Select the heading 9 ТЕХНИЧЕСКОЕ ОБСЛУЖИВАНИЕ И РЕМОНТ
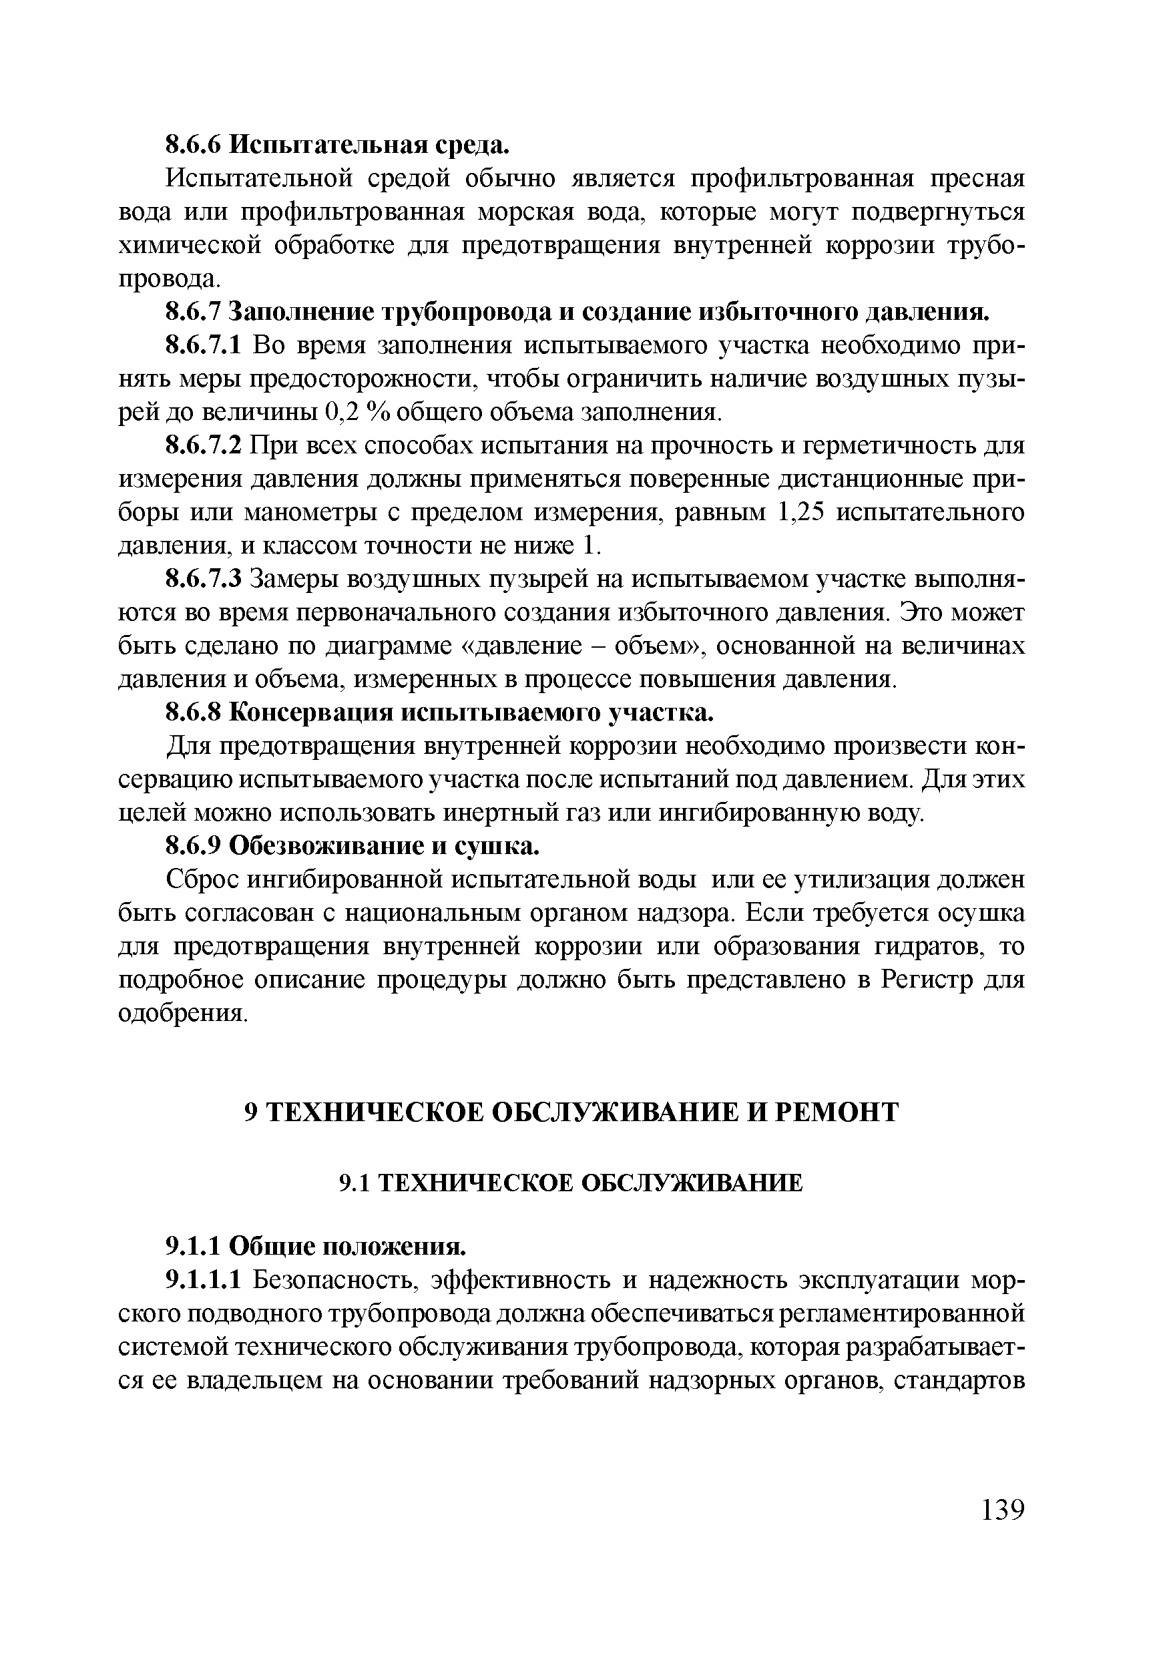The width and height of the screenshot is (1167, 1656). pos(572,1111)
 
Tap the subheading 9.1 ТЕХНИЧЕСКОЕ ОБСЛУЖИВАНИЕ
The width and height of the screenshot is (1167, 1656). pos(571,1182)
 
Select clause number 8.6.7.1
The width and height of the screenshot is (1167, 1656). pos(206,345)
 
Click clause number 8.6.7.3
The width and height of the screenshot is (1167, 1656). pos(206,579)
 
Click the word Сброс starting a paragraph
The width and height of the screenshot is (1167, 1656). pos(202,880)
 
